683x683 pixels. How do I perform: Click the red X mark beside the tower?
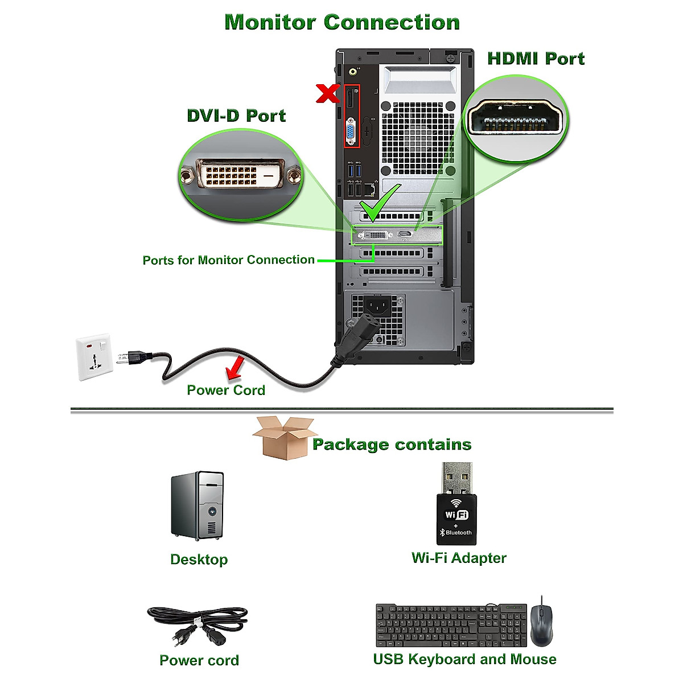pyautogui.click(x=328, y=93)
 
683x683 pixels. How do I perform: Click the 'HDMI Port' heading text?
pyautogui.click(x=536, y=59)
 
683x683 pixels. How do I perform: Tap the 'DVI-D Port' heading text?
pyautogui.click(x=236, y=116)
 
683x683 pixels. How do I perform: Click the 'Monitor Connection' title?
pyautogui.click(x=342, y=22)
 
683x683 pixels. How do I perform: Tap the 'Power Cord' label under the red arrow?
pyautogui.click(x=226, y=390)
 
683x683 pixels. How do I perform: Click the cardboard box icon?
pyautogui.click(x=283, y=437)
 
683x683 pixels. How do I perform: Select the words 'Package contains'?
pyautogui.click(x=392, y=445)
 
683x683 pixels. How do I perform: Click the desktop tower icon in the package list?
pyautogui.click(x=198, y=506)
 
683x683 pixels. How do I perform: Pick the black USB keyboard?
pyautogui.click(x=451, y=626)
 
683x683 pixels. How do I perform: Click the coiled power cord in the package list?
pyautogui.click(x=198, y=626)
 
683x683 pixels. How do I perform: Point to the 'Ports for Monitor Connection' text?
pyautogui.click(x=228, y=260)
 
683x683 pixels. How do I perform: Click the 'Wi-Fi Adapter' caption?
pyautogui.click(x=459, y=558)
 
